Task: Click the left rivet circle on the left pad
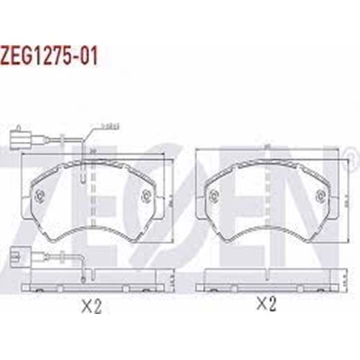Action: click(40, 194)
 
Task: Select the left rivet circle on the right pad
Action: click(213, 193)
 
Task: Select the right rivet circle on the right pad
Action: click(320, 192)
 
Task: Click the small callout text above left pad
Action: click(110, 127)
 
